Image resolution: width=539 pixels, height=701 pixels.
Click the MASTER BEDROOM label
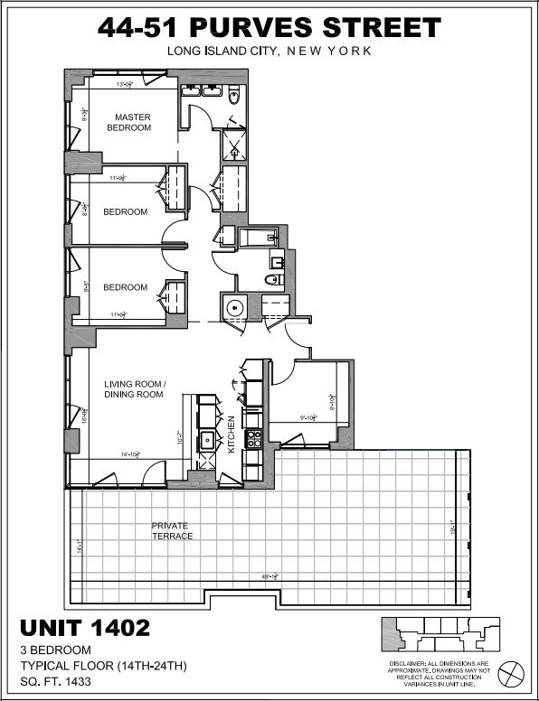pos(132,123)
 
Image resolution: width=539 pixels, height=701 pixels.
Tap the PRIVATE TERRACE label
pos(172,529)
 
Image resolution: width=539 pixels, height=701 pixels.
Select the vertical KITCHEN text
pos(232,433)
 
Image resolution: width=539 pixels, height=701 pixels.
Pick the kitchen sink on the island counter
pos(207,441)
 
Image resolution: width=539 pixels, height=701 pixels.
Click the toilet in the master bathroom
pos(233,94)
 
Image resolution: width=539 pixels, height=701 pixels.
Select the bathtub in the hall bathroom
pos(251,237)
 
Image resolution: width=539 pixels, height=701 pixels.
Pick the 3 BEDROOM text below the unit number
pos(55,650)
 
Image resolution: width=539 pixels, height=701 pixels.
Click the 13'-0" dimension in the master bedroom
pos(125,85)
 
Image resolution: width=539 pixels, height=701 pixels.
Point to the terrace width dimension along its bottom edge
pos(269,578)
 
